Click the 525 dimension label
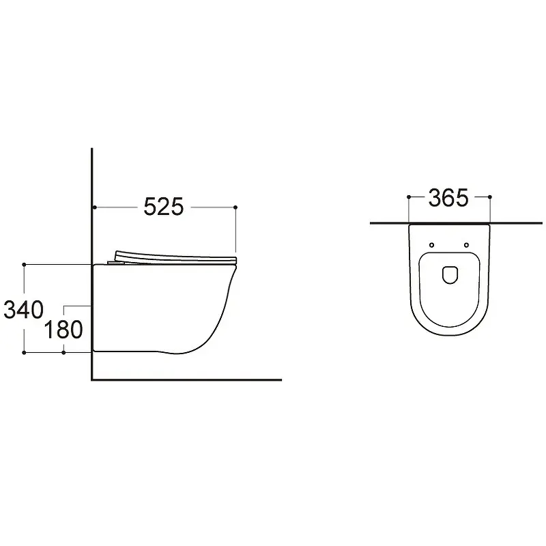[163, 207]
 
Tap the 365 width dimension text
[448, 198]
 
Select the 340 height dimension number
[23, 310]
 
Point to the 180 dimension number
[63, 330]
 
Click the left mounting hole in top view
[432, 245]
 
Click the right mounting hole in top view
[466, 245]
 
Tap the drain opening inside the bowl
[450, 275]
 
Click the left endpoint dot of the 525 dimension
[95, 207]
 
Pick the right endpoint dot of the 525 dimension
[235, 207]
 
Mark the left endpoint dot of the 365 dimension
[409, 197]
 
